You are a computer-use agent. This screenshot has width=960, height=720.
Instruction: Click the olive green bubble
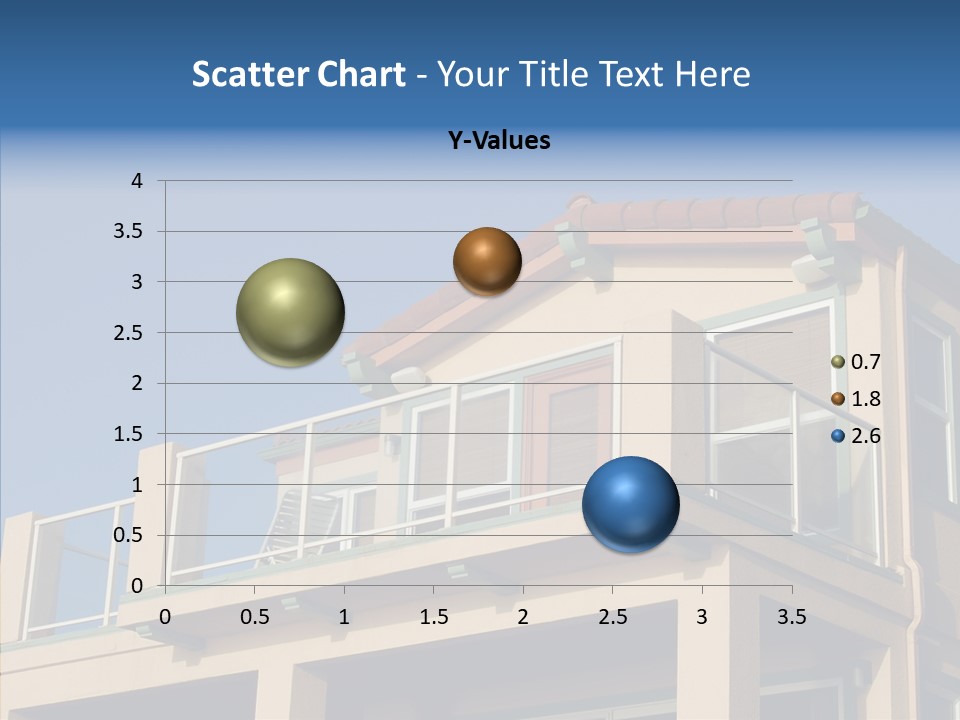(x=290, y=312)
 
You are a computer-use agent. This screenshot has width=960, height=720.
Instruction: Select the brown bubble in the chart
(x=487, y=261)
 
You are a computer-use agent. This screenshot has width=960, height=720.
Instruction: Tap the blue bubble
(x=630, y=504)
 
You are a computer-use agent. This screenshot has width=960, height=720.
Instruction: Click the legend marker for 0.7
(x=838, y=362)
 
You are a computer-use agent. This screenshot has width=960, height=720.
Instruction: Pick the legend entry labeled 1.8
(x=865, y=399)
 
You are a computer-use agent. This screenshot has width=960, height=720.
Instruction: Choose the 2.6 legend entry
(x=865, y=436)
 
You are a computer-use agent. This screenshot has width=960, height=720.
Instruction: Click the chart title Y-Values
(x=499, y=141)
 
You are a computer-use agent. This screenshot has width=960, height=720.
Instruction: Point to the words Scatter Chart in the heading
(x=298, y=74)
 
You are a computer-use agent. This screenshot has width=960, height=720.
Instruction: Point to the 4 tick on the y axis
(x=138, y=181)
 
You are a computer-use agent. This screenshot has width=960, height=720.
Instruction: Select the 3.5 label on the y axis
(x=130, y=232)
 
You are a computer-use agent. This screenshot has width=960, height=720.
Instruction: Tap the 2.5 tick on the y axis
(x=130, y=333)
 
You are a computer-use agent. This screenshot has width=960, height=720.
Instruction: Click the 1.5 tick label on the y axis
(x=130, y=434)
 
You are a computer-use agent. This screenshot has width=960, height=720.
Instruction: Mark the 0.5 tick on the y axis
(x=130, y=535)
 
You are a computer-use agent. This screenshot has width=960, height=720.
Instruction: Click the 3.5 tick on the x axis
(x=791, y=617)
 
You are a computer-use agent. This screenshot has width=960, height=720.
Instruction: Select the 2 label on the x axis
(x=523, y=617)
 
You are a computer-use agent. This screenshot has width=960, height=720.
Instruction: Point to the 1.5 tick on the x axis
(x=433, y=617)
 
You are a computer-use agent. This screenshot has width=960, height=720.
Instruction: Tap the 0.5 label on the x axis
(x=254, y=617)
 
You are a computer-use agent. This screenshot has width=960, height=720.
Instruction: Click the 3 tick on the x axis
(x=702, y=617)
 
